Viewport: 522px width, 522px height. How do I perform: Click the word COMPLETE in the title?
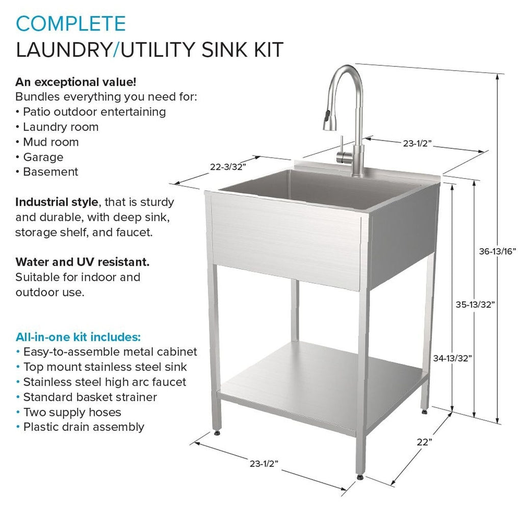tap(70, 23)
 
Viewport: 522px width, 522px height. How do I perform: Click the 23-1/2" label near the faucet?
tap(417, 144)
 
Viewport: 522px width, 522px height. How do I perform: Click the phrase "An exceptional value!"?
tap(75, 82)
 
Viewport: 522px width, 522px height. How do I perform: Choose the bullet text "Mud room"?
tap(50, 142)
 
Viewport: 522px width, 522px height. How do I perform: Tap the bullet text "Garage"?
tap(43, 157)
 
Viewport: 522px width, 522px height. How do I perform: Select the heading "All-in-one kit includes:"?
tap(78, 337)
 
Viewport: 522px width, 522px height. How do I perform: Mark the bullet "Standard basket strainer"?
tap(90, 397)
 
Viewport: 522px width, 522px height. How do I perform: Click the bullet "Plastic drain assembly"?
tap(84, 427)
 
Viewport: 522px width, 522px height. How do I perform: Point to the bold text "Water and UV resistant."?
tap(83, 263)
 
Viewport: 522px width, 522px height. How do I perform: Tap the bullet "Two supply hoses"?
tap(72, 412)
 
